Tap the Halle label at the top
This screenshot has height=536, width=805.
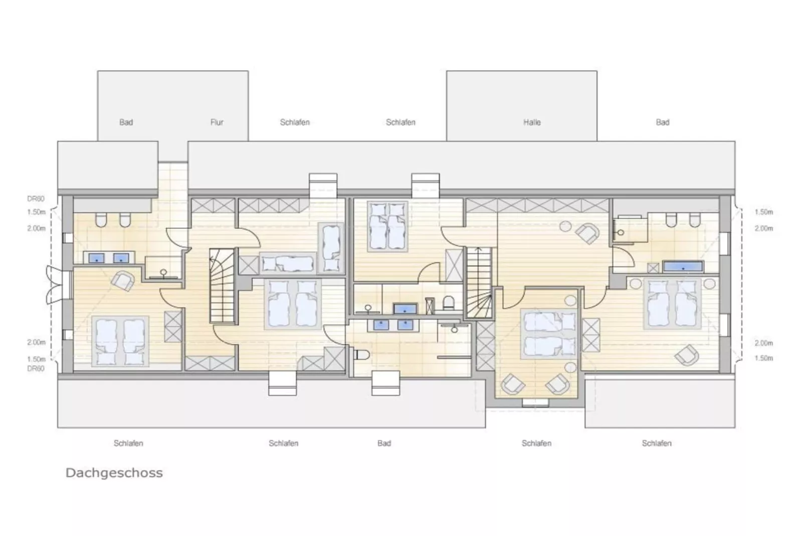coord(532,122)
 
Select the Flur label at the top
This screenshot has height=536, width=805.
coord(217,122)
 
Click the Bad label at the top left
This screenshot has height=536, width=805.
coord(126,122)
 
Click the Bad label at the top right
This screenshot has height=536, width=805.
coord(662,122)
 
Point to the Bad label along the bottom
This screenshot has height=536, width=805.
coord(384,443)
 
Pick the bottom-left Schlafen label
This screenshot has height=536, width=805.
coord(128,443)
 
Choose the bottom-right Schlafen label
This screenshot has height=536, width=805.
coord(656,443)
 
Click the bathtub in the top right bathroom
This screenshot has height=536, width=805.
coord(683,266)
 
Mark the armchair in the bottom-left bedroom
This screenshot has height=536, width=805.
coord(123,281)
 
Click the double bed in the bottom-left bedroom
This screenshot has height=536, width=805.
coord(121,341)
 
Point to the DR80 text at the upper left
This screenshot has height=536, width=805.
coord(36,199)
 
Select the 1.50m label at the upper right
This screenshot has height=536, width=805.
coord(763,212)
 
